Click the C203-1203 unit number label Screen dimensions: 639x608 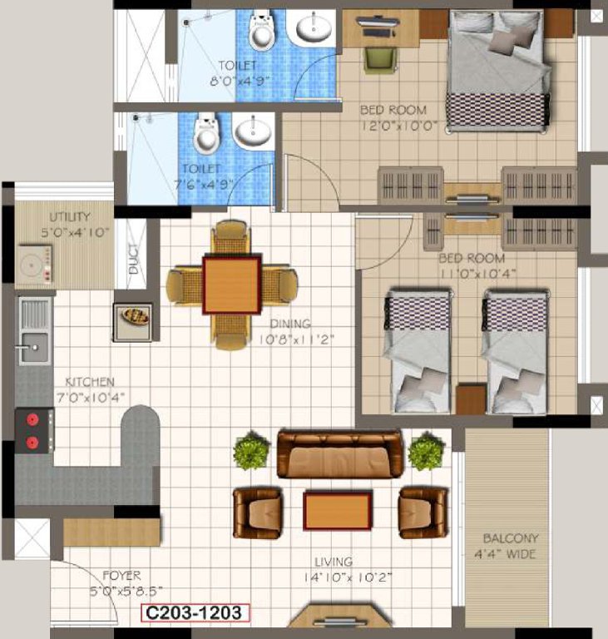[194, 613]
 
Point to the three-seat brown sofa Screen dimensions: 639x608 [339, 454]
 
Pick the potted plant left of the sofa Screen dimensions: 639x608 [250, 453]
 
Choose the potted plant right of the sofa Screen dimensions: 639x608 [425, 452]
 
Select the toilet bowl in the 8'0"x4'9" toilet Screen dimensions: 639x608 [262, 32]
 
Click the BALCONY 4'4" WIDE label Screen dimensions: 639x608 [510, 546]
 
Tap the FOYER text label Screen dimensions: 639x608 [121, 575]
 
